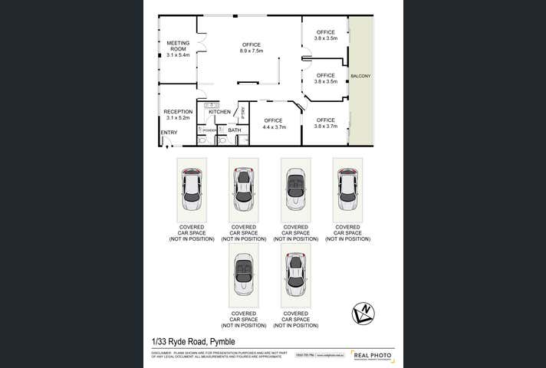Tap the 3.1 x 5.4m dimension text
(x=177, y=55)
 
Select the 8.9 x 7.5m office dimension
(x=252, y=51)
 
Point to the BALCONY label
(x=360, y=76)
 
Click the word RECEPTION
(x=177, y=112)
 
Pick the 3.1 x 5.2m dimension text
(x=177, y=118)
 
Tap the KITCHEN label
(x=219, y=112)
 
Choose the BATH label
(x=234, y=130)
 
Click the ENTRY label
(x=169, y=133)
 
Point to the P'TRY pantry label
(x=243, y=112)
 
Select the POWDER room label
(x=209, y=130)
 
